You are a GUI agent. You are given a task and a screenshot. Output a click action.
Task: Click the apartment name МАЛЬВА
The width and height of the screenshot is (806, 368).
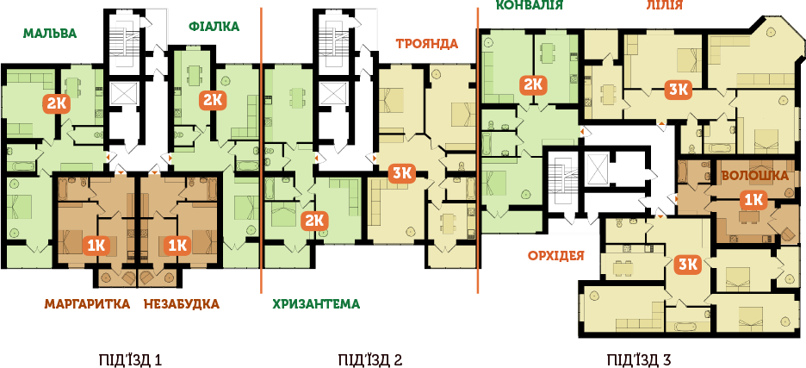(x=50, y=34)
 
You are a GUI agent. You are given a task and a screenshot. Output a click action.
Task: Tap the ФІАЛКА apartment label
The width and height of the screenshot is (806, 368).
(x=214, y=26)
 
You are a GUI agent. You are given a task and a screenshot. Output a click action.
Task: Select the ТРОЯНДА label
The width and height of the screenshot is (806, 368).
(x=426, y=43)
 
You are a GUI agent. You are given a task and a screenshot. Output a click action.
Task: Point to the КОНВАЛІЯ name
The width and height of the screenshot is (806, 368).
(x=530, y=5)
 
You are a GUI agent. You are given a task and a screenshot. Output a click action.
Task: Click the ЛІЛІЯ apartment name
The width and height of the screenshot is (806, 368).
(x=664, y=5)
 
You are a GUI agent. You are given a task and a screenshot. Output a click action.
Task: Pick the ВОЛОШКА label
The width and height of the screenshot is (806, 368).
(x=754, y=176)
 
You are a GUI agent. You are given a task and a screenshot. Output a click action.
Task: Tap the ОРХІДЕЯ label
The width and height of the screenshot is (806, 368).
(x=556, y=255)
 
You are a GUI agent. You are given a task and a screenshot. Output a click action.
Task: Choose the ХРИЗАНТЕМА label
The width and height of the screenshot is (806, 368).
(x=316, y=303)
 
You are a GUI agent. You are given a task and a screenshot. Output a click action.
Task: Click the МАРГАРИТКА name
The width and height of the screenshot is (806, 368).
(x=87, y=303)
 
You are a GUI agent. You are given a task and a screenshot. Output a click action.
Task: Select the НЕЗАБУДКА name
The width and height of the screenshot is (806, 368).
(x=182, y=303)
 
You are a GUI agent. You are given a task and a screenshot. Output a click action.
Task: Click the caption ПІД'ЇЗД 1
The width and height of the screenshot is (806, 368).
(x=126, y=359)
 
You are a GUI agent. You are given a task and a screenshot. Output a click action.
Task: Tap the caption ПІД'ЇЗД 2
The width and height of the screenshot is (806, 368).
(x=370, y=359)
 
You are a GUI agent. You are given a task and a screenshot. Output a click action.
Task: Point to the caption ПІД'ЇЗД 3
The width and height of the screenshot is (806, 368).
(x=639, y=359)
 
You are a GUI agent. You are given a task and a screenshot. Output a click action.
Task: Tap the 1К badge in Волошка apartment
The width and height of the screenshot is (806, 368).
(x=753, y=200)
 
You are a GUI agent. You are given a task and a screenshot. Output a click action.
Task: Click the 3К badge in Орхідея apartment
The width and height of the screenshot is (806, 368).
(x=688, y=265)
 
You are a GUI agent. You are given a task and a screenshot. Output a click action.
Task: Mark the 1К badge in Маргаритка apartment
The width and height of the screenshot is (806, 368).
(x=96, y=246)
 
